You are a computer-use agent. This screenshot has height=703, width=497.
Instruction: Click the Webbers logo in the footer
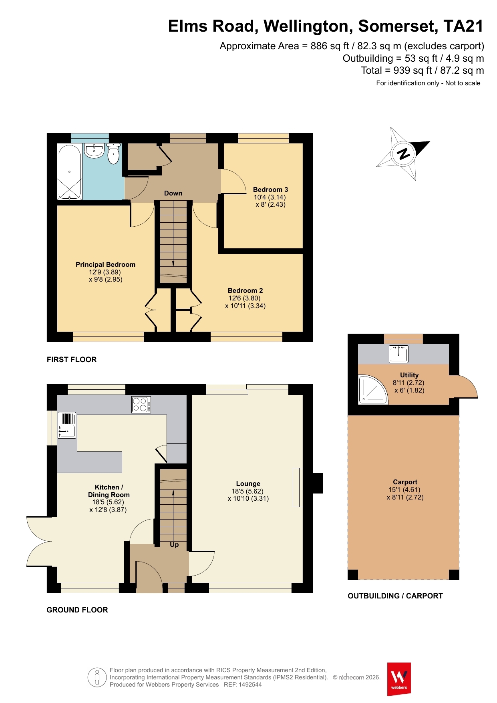tap(399, 679)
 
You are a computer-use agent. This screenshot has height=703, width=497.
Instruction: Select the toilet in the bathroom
tap(114, 154)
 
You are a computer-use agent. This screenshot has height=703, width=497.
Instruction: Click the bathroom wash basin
tap(95, 151)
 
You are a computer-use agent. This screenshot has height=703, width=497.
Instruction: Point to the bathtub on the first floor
tap(70, 172)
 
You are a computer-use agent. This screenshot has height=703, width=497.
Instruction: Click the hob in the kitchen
tap(141, 404)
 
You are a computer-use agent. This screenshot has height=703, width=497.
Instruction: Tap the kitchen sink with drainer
tap(67, 425)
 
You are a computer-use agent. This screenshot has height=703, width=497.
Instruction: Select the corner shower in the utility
tap(373, 389)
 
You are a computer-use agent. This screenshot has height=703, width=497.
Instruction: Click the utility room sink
tap(398, 354)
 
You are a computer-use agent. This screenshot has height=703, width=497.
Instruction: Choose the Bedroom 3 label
tap(270, 189)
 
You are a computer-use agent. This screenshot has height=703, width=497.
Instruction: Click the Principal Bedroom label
tap(105, 264)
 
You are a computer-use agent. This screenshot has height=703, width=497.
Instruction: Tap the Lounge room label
tap(248, 483)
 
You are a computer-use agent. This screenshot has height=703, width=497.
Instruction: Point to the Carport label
tap(405, 482)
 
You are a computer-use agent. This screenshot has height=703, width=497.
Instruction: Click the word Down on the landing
tap(173, 193)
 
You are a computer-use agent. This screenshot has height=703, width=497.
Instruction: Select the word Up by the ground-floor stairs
tap(174, 545)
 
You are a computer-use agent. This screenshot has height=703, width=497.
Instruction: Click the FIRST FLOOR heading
tap(72, 360)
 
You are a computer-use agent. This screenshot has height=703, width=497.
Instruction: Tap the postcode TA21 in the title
tap(463, 26)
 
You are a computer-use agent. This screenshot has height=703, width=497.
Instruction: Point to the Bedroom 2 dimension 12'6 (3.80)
tap(244, 298)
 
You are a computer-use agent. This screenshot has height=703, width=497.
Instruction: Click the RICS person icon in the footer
tap(97, 678)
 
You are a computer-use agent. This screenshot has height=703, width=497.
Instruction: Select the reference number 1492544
tap(250, 685)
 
